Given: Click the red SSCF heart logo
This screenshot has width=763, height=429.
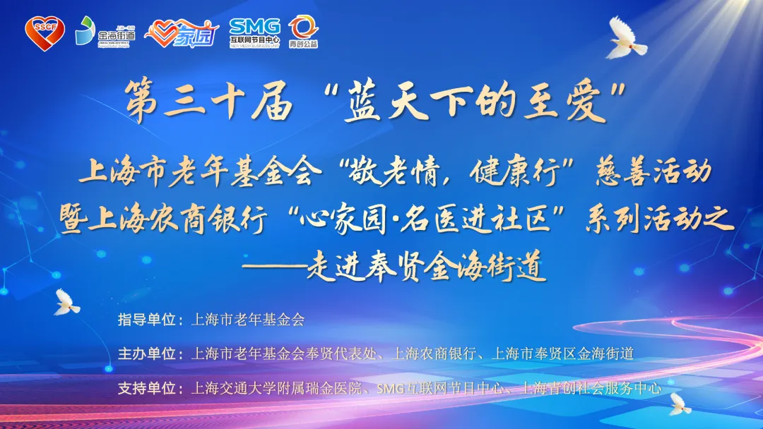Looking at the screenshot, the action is click(45, 32).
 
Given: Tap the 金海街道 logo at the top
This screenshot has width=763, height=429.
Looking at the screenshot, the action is click(105, 32).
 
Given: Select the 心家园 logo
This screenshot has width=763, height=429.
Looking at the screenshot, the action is click(182, 33).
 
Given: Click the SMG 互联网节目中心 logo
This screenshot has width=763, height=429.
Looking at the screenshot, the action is click(254, 32).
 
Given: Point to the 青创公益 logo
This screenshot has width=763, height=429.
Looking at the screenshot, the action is click(303, 32).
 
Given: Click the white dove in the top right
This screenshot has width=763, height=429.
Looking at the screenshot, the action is click(625, 39).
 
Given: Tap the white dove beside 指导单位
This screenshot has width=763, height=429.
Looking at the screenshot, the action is click(66, 302).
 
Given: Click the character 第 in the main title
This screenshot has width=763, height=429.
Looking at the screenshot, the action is click(141, 101).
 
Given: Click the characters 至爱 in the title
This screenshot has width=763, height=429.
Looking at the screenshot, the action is click(565, 101).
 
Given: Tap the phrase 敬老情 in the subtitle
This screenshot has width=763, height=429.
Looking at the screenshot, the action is click(395, 172).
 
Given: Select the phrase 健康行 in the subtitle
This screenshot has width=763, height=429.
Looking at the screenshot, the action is click(514, 172).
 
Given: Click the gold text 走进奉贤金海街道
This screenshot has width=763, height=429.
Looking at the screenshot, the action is click(426, 267).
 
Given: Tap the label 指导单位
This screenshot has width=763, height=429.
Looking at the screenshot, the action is click(146, 320).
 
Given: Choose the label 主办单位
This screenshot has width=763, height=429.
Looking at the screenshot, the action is click(146, 354).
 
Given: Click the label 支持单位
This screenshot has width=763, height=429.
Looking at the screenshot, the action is click(146, 388).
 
